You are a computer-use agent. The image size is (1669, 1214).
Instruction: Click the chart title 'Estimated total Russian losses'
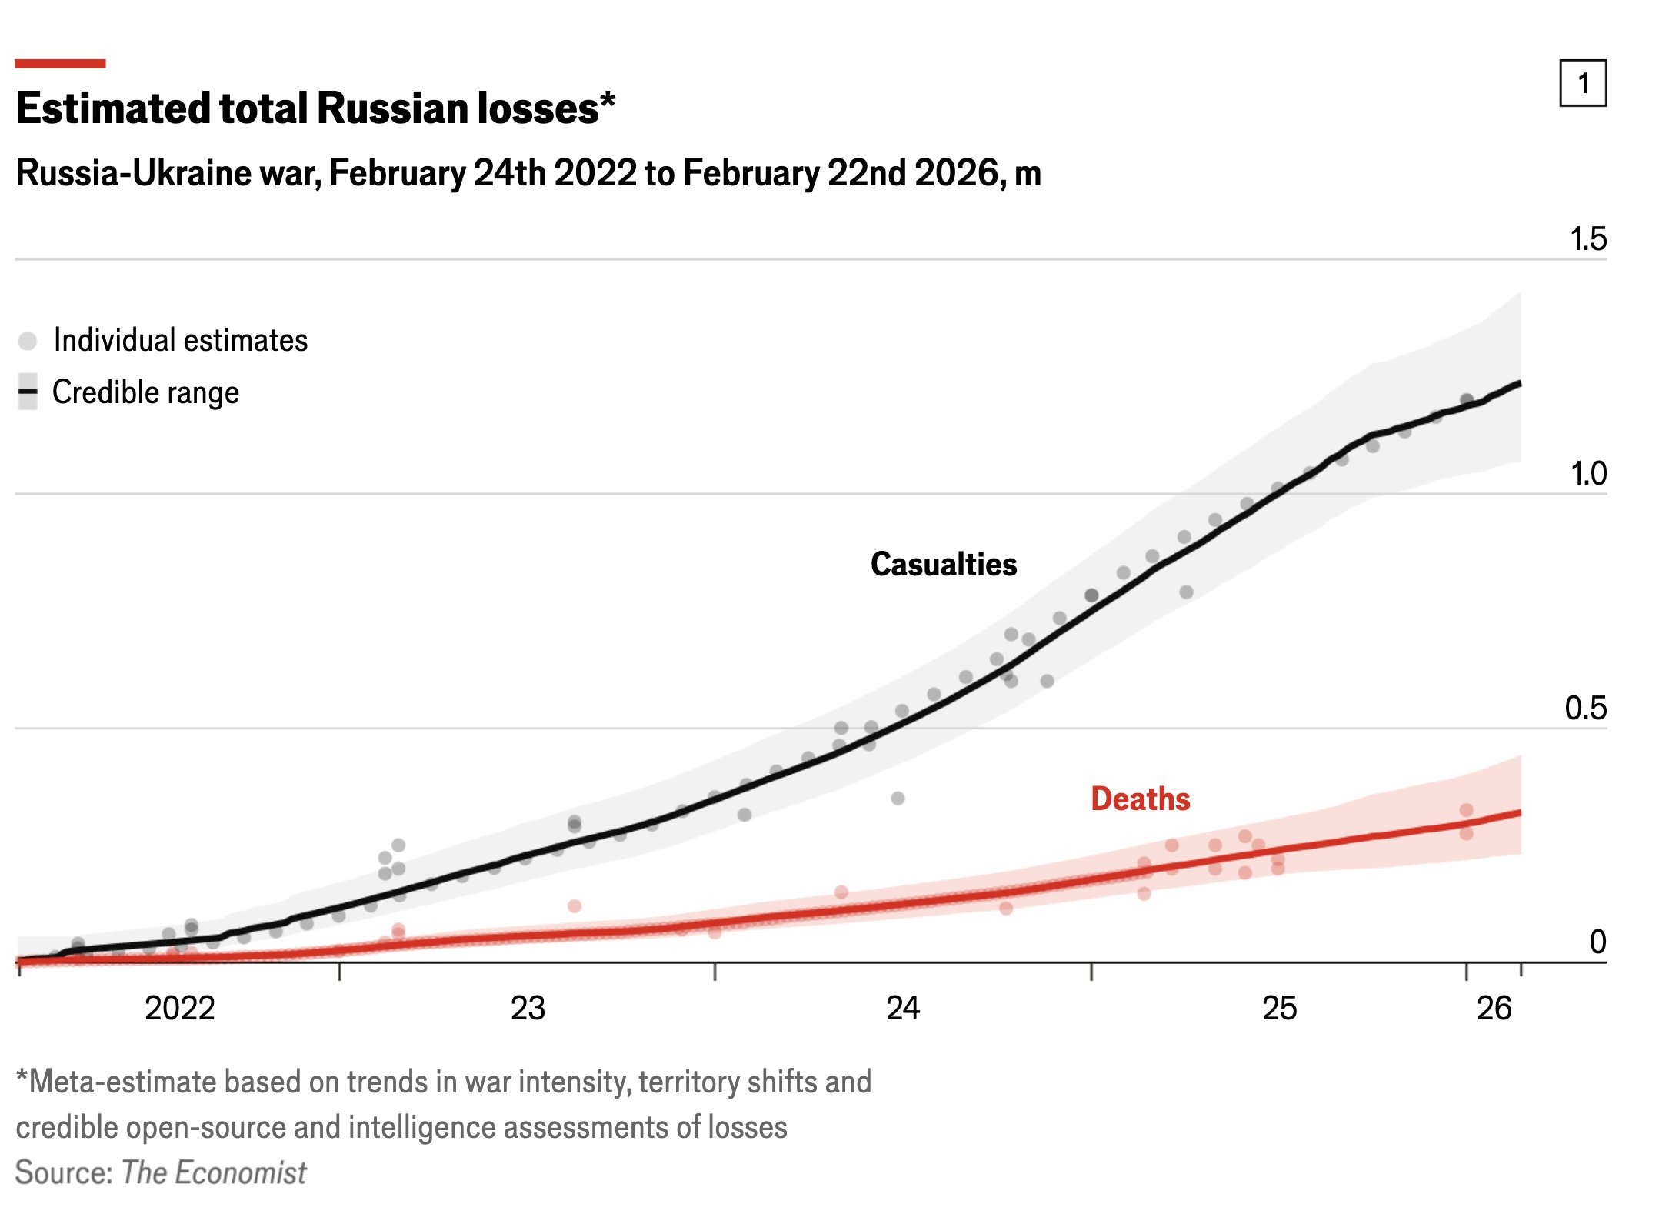[x=308, y=108]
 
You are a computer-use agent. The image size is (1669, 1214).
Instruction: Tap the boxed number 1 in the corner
[x=1582, y=83]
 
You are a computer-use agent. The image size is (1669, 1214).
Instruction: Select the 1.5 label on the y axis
[x=1587, y=239]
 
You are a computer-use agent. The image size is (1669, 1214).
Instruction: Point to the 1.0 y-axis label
[x=1587, y=474]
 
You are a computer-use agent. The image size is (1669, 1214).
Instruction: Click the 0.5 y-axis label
[x=1585, y=709]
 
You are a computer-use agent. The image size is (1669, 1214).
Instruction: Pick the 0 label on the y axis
[x=1597, y=942]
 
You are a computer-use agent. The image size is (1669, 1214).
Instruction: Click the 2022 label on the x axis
[x=180, y=1009]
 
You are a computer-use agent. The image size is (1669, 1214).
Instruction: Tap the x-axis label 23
[x=528, y=1009]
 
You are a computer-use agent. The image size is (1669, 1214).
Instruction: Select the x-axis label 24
[x=903, y=1009]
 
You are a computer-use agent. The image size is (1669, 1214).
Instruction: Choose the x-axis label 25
[x=1279, y=1009]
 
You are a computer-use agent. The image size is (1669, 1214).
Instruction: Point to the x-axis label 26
[x=1494, y=1009]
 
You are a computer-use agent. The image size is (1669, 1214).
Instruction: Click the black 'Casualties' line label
[x=944, y=564]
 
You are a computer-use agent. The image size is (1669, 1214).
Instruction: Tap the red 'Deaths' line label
[x=1140, y=799]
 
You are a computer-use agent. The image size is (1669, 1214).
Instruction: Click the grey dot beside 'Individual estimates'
[x=28, y=341]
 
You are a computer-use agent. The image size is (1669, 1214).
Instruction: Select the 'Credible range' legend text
[x=145, y=392]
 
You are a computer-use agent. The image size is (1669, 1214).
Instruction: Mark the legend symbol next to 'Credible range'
[x=28, y=392]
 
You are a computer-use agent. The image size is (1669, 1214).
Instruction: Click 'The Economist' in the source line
[x=214, y=1172]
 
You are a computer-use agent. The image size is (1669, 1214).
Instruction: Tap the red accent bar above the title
[x=60, y=63]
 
